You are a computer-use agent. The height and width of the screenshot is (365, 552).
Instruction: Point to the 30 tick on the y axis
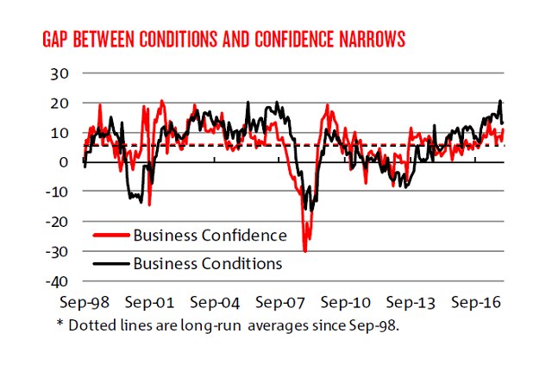(x=57, y=73)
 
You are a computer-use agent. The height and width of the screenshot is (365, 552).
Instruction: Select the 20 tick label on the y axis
(x=57, y=104)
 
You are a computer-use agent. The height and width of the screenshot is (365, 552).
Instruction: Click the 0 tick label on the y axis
(x=61, y=162)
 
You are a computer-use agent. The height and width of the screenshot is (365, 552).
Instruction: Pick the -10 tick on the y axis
(x=54, y=192)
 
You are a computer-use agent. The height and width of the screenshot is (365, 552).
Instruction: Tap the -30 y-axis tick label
(x=54, y=251)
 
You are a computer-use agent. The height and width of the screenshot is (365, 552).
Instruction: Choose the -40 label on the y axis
(x=54, y=281)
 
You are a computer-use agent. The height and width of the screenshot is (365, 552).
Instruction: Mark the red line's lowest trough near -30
(x=305, y=250)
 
